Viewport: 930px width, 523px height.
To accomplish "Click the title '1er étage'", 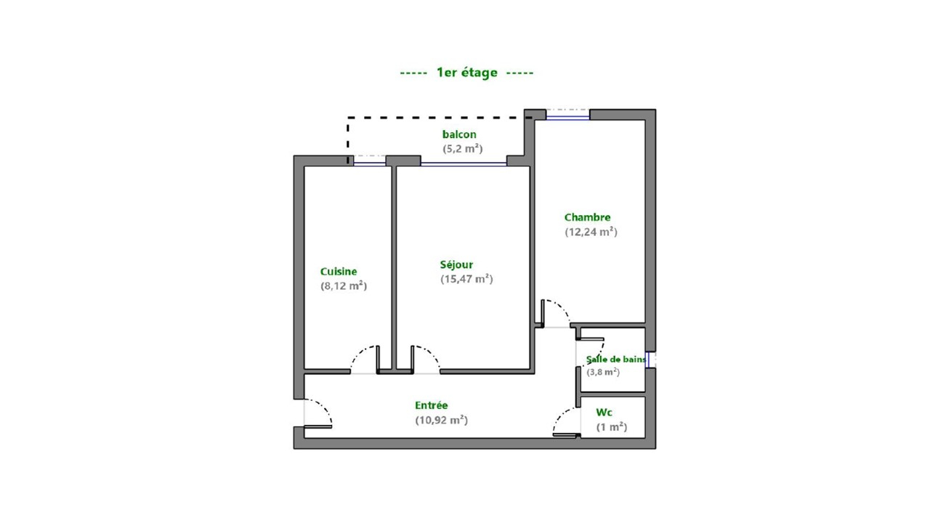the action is coord(466,73).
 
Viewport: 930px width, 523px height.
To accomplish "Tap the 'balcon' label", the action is coord(459,134).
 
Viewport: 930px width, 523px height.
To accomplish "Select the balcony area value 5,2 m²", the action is coord(463,149).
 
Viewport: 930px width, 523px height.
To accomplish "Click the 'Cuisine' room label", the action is coord(339,272).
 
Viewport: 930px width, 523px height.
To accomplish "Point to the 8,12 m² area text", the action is coord(344,285).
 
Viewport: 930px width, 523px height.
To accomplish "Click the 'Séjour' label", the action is coord(456,265).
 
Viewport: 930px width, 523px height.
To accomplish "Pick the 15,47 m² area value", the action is coord(466,279).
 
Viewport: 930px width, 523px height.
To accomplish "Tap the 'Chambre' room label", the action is coord(587,217).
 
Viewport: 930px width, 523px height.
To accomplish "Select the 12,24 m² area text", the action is coord(591,232).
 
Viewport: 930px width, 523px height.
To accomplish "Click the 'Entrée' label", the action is coord(432,405).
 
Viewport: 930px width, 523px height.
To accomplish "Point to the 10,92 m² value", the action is coord(441,420).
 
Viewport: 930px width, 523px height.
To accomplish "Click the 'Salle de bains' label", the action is coord(616,360).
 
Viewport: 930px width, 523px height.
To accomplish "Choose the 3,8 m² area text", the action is coord(603,372).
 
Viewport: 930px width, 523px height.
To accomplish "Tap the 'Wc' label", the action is coord(604,413).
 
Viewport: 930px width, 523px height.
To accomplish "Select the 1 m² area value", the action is coord(612,427).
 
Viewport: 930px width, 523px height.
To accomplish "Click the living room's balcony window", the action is coord(464,164).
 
